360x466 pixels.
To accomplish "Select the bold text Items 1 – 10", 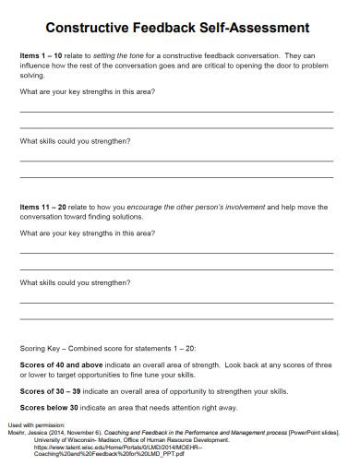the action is [42, 55].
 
